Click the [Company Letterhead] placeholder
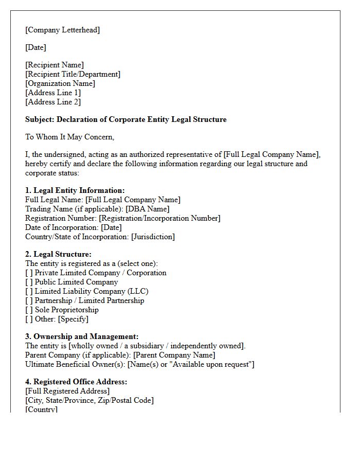[x=62, y=30]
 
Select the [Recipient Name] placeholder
[x=55, y=65]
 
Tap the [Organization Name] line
[x=60, y=83]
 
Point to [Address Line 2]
[x=53, y=102]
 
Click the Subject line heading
[x=126, y=119]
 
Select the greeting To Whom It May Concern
[x=69, y=137]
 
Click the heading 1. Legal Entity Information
[x=75, y=190]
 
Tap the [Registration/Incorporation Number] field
[x=159, y=218]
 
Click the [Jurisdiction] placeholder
[x=153, y=237]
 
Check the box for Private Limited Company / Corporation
[x=29, y=273]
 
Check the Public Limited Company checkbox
[x=29, y=282]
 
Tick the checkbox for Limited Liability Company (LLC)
[x=29, y=291]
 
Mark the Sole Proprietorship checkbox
[x=29, y=310]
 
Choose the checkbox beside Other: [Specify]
[x=29, y=319]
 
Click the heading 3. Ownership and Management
[x=82, y=336]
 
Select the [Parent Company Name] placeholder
[x=174, y=355]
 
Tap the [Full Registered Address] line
[x=67, y=391]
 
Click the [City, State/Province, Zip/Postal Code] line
[x=89, y=400]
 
